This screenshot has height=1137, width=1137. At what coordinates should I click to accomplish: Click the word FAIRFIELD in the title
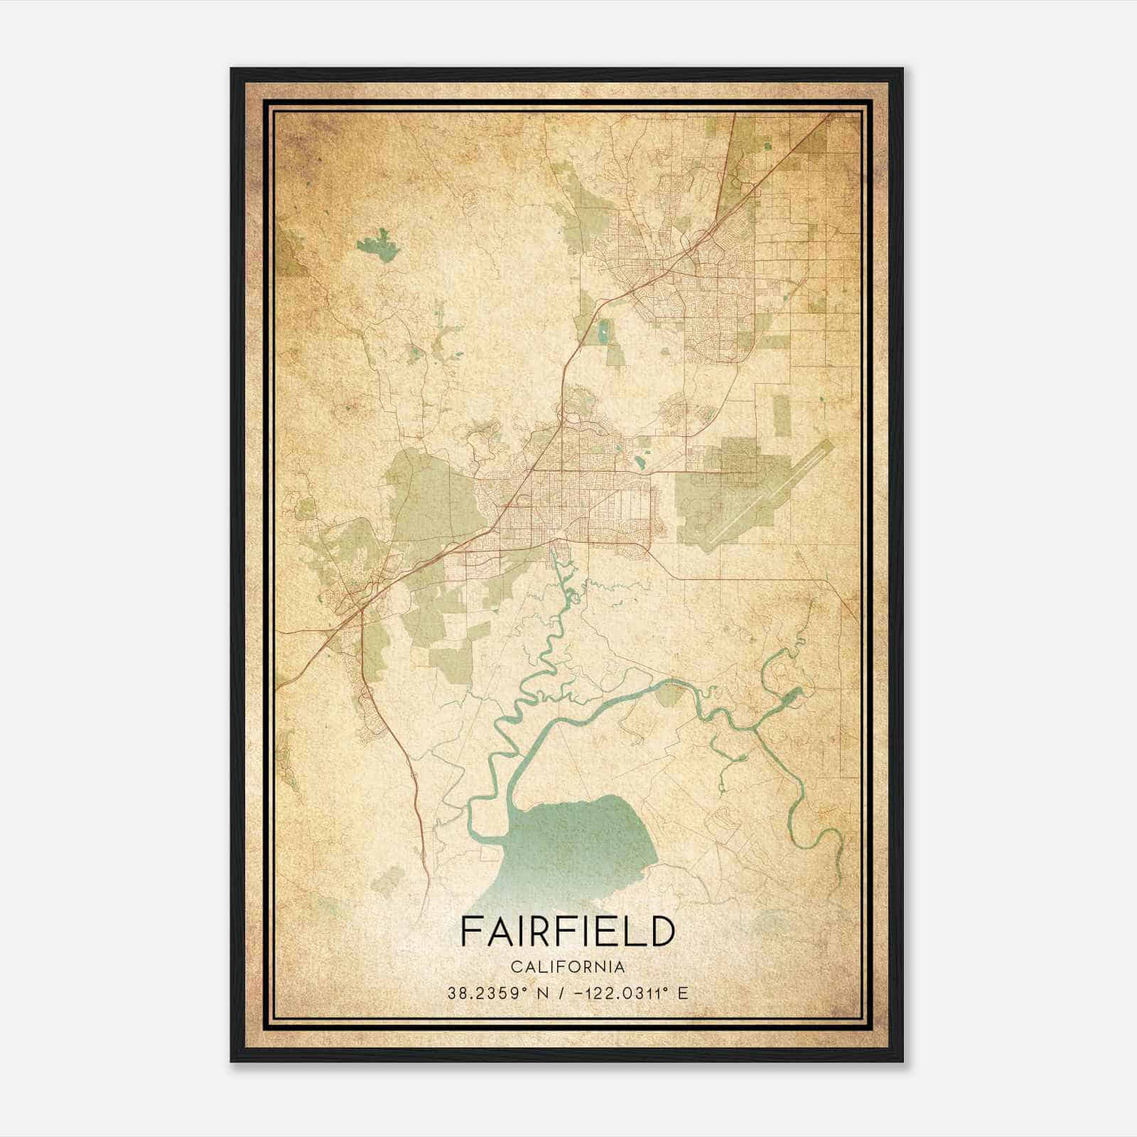(x=567, y=932)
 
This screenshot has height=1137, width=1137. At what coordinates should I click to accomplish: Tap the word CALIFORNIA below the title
(x=567, y=967)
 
